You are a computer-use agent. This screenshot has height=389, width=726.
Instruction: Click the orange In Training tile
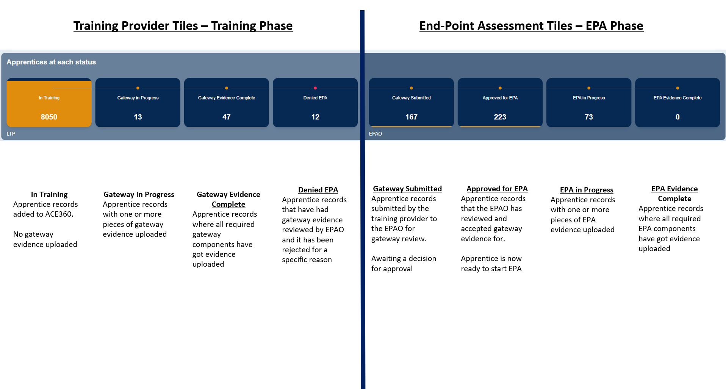[x=49, y=103]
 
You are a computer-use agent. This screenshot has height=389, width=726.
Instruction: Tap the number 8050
[x=49, y=117]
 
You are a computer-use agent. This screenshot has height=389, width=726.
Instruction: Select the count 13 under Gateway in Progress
[x=138, y=117]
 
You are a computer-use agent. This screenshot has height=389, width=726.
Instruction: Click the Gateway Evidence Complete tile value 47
[x=227, y=117]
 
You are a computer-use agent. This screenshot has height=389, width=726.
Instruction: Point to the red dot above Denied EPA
[x=315, y=88]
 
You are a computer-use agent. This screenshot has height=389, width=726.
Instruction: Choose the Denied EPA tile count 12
[x=315, y=117]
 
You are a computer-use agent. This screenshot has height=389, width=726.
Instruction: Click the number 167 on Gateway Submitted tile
[x=412, y=117]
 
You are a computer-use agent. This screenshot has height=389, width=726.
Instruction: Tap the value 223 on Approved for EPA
[x=500, y=117]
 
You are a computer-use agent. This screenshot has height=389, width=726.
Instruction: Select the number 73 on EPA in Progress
[x=589, y=117]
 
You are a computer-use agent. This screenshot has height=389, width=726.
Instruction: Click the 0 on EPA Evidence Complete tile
[x=677, y=117]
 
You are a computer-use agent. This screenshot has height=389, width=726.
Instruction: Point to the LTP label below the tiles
[x=11, y=134]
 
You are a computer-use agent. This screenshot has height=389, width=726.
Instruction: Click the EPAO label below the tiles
[x=376, y=134]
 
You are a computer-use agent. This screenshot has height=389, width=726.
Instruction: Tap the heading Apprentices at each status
[x=51, y=62]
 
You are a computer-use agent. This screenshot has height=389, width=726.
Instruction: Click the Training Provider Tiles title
[x=183, y=26]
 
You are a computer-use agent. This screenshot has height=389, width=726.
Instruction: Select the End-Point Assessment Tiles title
[x=531, y=26]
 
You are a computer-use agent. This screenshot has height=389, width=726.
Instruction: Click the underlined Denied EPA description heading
[x=318, y=190]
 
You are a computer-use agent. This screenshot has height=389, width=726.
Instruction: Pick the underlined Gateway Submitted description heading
[x=407, y=189]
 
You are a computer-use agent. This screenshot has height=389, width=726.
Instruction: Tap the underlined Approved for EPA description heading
[x=497, y=189]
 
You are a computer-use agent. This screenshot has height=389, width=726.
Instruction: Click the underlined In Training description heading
[x=49, y=194]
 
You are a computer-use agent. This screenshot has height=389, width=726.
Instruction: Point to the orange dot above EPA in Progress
[x=589, y=88]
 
